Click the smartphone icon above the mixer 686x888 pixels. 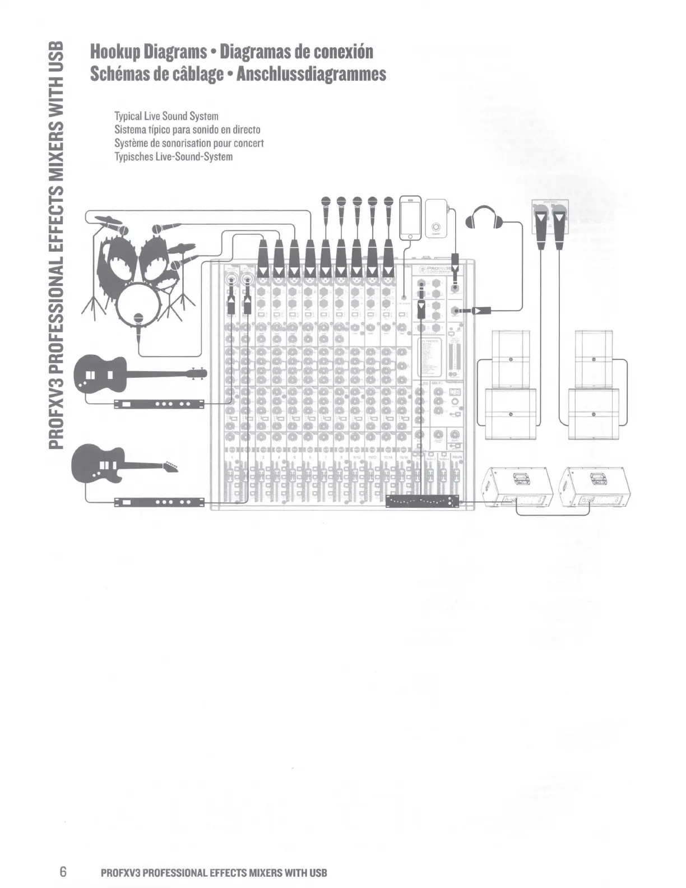tap(410, 218)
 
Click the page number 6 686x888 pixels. tap(63, 872)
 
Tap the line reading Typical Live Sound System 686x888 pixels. tap(166, 117)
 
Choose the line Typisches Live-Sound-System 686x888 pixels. tap(173, 157)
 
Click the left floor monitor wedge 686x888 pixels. tap(517, 485)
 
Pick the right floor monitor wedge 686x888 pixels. tap(595, 485)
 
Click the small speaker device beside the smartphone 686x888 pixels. tap(436, 219)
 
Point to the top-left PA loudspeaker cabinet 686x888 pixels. tap(511, 358)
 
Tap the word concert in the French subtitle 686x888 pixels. tap(248, 144)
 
